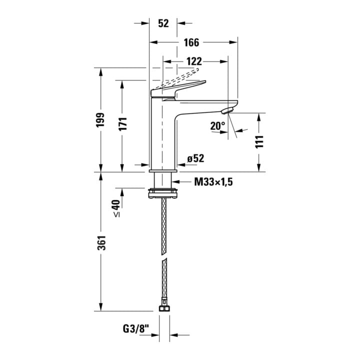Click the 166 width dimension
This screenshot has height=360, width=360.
(191, 42)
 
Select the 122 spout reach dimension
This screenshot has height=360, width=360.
(194, 61)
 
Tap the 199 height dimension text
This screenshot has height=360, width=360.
(100, 119)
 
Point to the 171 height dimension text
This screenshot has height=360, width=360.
(123, 124)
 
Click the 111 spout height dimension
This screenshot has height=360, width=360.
(259, 142)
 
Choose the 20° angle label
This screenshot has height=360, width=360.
(218, 126)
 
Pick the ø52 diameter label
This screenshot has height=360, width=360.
(195, 158)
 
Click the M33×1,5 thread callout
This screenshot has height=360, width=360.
(213, 182)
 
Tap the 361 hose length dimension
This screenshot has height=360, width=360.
(101, 242)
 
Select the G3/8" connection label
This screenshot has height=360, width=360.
(136, 329)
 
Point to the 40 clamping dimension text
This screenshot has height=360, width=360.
(116, 205)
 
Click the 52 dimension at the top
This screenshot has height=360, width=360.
(163, 23)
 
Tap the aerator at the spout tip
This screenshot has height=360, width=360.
(227, 110)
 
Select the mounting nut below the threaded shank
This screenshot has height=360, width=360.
(163, 193)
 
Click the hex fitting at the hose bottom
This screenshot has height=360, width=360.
(164, 308)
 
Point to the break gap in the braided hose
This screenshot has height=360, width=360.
(164, 256)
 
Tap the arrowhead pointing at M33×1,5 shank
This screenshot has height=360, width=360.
(175, 182)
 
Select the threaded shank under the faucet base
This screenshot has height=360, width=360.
(163, 180)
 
